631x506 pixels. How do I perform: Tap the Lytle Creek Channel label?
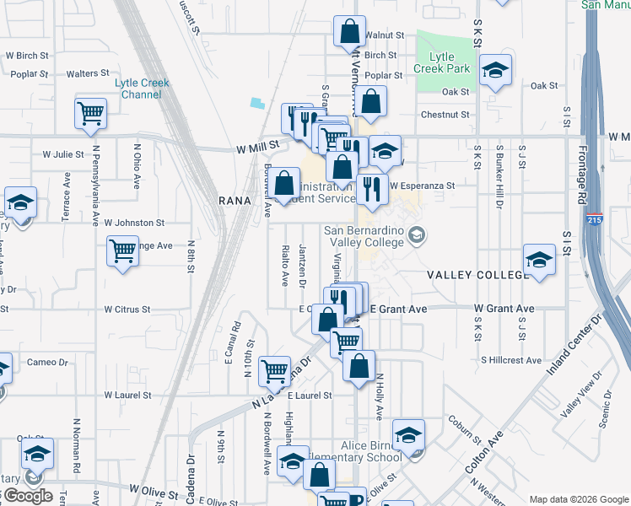[x=143, y=89]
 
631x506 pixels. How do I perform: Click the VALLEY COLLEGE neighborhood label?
[x=477, y=276]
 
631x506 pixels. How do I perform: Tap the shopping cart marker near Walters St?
[x=91, y=113]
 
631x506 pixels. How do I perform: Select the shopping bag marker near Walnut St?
[x=349, y=33]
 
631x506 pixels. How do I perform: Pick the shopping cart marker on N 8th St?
[x=123, y=250]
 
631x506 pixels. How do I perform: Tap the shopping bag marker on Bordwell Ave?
[x=286, y=182]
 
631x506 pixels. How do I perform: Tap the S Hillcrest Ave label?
[x=510, y=359]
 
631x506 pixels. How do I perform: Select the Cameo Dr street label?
[x=47, y=362]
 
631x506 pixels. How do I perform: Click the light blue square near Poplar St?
[x=256, y=103]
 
